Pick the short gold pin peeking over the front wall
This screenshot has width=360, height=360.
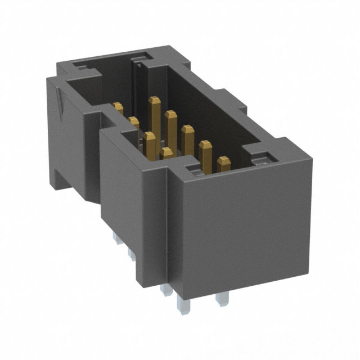pyautogui.click(x=166, y=152)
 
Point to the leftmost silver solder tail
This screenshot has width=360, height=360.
pyautogui.click(x=117, y=242)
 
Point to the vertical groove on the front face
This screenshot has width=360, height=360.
pyautogui.click(x=169, y=225)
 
